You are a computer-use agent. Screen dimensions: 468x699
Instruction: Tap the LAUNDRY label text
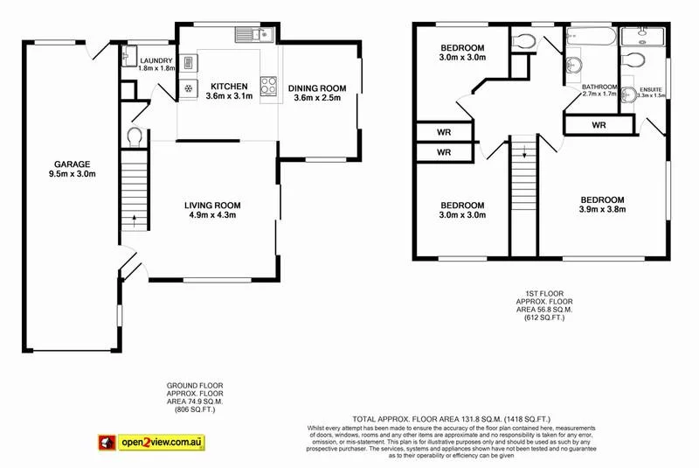tap(157, 61)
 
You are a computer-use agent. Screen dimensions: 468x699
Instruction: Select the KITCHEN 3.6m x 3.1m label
tap(229, 91)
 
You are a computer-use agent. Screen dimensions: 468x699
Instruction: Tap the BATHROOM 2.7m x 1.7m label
tap(600, 91)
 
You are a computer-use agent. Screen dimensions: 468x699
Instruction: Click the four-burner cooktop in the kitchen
tap(268, 85)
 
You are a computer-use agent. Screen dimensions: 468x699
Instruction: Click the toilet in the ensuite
tap(637, 59)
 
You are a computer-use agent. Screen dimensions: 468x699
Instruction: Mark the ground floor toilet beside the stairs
tap(134, 137)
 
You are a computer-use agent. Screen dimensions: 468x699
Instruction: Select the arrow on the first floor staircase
tap(525, 152)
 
